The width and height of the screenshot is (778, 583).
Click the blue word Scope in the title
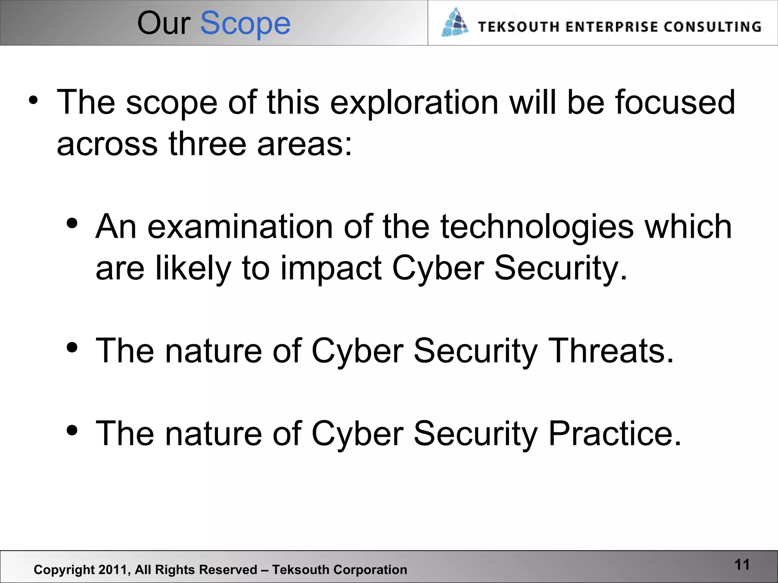pos(245,24)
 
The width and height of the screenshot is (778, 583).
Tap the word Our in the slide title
pos(163,24)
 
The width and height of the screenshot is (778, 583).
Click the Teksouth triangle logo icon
pos(455,23)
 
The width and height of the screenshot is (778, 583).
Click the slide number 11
pos(742,565)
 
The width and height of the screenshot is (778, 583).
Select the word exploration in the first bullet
pos(414,102)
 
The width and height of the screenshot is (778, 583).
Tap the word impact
pos(331,269)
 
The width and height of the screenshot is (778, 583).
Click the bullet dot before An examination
pos(72,224)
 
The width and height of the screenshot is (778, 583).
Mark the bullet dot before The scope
pos(33,101)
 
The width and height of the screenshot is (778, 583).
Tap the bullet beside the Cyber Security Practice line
pos(72,430)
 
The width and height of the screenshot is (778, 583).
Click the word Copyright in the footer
pos(64,570)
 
